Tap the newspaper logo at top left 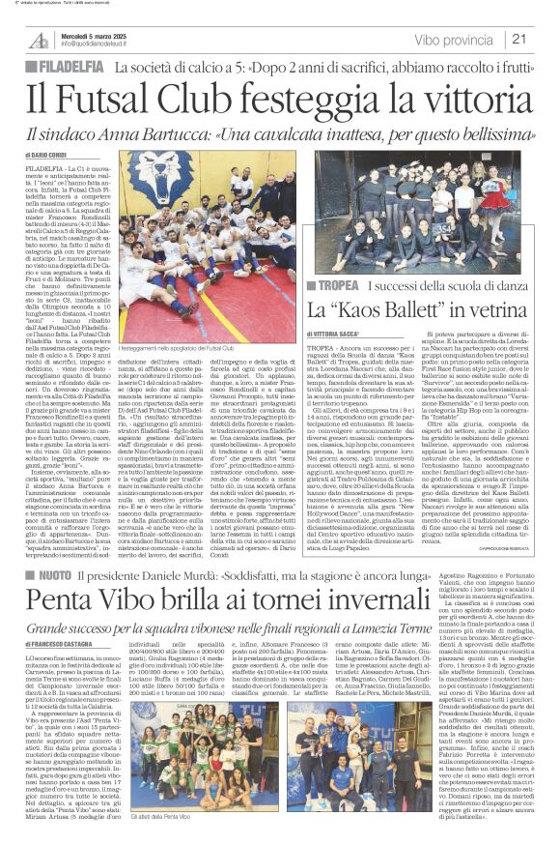(x=38, y=40)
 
